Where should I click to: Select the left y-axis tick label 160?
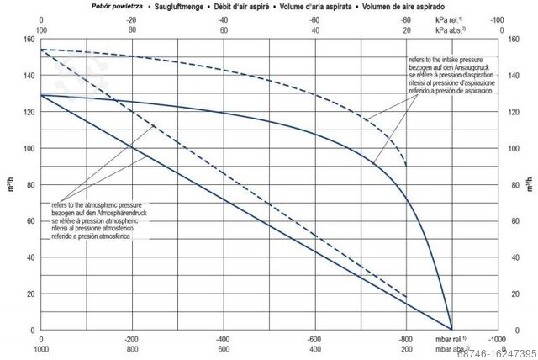click(x=29, y=40)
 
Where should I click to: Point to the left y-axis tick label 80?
click(x=30, y=185)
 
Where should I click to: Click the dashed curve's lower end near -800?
click(x=406, y=165)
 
